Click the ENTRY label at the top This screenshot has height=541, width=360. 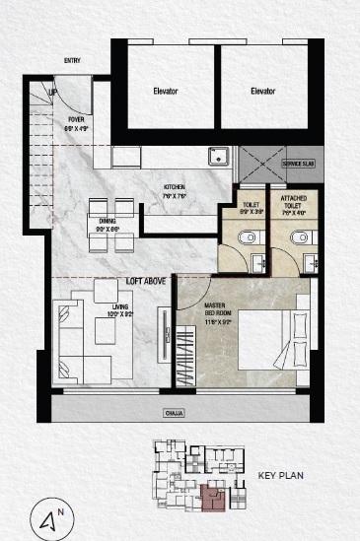pos(72,61)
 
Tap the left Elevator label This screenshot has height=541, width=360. pos(166,92)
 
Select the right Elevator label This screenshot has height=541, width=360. pos(262,92)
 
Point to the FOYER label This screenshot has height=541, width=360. pos(77,125)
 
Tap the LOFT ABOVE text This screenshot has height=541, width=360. pos(144,281)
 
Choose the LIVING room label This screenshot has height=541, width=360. pos(120,312)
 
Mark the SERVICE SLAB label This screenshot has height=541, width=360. pos(297,164)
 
